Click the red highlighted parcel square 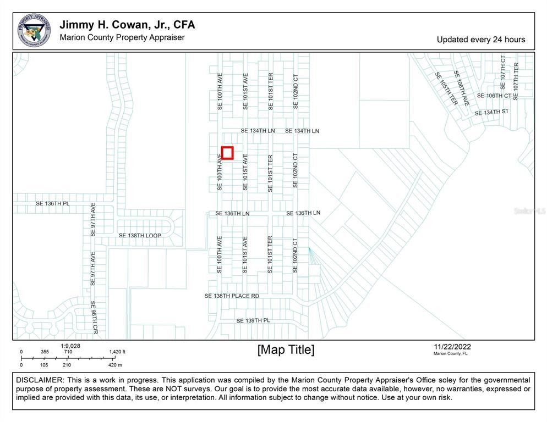pos(227,153)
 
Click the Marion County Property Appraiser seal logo pos(34,30)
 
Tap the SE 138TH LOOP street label pos(140,236)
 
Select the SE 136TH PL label pos(53,203)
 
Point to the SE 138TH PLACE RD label pos(232,296)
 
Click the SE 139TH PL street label pos(253,320)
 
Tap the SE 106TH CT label pos(494,96)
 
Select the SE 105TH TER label pos(446,89)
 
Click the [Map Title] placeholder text pos(286,350)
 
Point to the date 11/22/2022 pos(452,347)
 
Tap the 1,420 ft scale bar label pos(117,352)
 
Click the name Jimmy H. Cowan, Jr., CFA pos(127,25)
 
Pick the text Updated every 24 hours pos(481,40)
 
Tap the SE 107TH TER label pos(516,81)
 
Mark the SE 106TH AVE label pos(462,88)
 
